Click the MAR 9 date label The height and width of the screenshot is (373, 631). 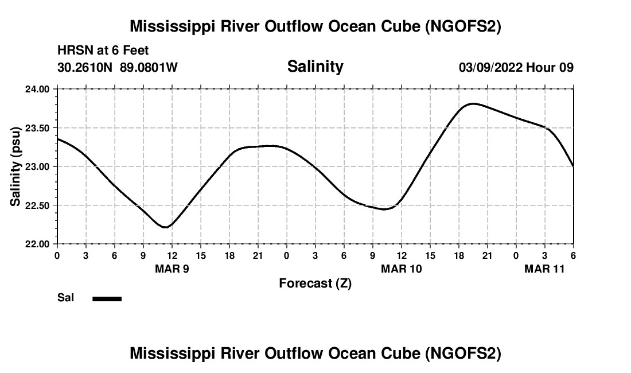[172, 269]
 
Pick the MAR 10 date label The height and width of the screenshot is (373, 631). [402, 269]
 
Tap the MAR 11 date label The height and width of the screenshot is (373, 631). [545, 269]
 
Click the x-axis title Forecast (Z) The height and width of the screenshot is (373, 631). [315, 283]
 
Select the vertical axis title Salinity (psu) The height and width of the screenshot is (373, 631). [15, 166]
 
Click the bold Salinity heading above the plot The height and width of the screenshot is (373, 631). [315, 67]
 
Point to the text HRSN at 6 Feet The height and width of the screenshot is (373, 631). [103, 50]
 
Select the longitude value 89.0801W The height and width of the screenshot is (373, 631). [149, 68]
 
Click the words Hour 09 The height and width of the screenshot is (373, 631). [550, 68]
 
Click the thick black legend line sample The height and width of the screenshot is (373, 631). [107, 298]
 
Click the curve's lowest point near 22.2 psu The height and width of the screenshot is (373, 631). [165, 227]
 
